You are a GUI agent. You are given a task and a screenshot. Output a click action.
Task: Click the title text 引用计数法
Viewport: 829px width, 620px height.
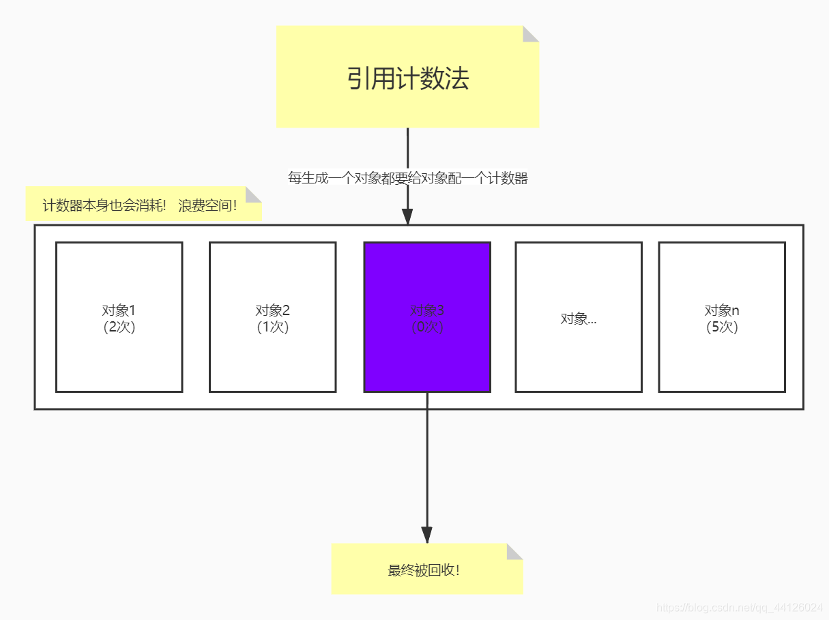pos(407,79)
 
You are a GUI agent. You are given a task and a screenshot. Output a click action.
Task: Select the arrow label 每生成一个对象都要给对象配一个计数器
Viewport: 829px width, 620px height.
pos(407,179)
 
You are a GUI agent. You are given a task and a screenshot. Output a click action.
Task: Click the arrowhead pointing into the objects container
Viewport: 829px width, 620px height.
pos(407,216)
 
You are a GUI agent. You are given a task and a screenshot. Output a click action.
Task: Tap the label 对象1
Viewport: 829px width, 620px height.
pos(119,310)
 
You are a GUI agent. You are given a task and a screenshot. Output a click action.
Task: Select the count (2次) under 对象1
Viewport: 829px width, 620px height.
pos(119,327)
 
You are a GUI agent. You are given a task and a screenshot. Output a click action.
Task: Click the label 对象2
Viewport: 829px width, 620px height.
pos(272,310)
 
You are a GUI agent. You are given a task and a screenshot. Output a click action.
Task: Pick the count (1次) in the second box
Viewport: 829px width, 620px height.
pos(272,327)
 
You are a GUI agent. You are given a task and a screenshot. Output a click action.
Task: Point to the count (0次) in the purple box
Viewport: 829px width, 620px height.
pos(427,327)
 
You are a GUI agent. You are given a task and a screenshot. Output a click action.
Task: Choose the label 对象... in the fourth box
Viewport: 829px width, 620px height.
pos(579,319)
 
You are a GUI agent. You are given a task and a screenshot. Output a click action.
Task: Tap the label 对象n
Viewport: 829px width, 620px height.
pos(722,310)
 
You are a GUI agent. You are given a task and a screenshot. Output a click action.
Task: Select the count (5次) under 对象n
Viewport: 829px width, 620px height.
pos(722,327)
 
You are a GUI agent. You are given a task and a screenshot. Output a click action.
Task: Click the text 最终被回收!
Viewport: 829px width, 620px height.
pos(424,571)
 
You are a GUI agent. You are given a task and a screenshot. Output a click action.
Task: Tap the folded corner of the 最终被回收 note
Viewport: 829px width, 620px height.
pos(514,551)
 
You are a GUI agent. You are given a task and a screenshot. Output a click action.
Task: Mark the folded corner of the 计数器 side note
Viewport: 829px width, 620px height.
pos(253,194)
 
